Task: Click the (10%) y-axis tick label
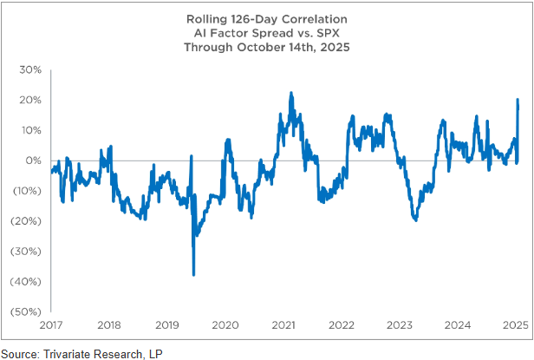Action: point(27,191)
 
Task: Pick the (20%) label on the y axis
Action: point(27,220)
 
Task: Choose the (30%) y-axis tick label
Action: point(27,251)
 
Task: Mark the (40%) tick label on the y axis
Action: point(27,281)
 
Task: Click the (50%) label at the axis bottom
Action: point(27,311)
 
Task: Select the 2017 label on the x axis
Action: point(52,325)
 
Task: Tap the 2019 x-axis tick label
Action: point(166,325)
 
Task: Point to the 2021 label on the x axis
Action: point(283,325)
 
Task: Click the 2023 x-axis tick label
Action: point(399,325)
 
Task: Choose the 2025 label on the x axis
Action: point(515,325)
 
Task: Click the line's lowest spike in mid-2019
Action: point(193,274)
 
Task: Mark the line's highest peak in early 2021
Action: point(290,93)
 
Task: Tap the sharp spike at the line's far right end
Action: point(518,100)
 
